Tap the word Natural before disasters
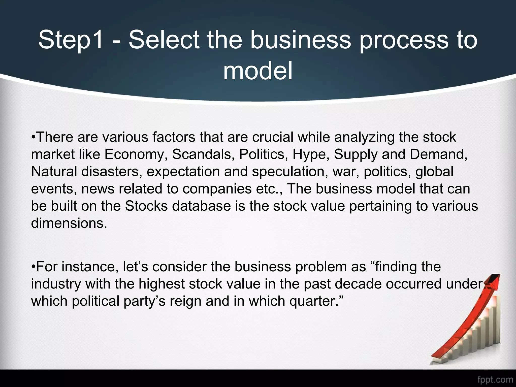click(x=54, y=171)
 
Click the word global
click(x=434, y=172)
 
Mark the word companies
click(x=217, y=189)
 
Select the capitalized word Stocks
click(x=146, y=206)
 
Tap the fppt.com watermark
click(x=495, y=379)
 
